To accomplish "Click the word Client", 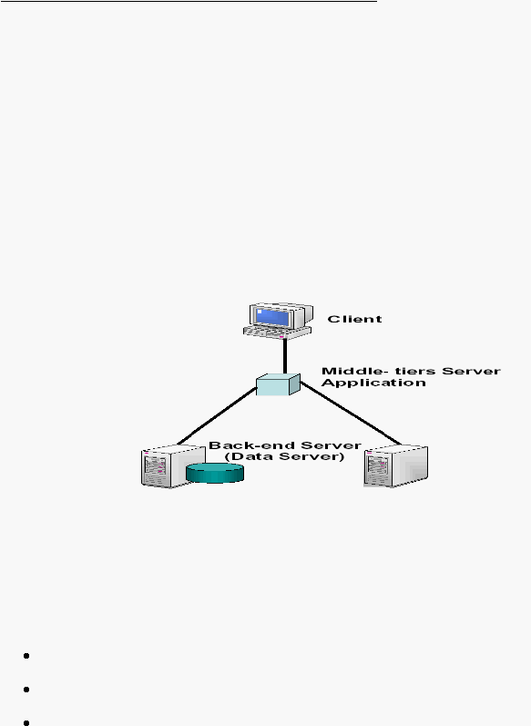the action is pos(354,319).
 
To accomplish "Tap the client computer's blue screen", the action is pos(273,318).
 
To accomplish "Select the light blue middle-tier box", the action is pos(278,384).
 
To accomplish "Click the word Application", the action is pos(373,383).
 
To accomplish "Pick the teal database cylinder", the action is pos(215,473).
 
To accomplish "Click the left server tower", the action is pos(173,466).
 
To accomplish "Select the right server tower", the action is pos(395,466).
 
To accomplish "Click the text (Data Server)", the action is pos(285,456).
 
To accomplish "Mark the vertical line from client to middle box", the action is pos(285,356).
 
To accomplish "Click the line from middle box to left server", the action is pos(217,416).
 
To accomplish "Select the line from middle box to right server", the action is pos(351,414).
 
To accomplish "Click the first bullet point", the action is pos(26,656).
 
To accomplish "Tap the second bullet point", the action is pos(26,690).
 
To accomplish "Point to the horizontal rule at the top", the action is pos(189,2).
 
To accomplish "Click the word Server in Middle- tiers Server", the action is pos(471,371).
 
